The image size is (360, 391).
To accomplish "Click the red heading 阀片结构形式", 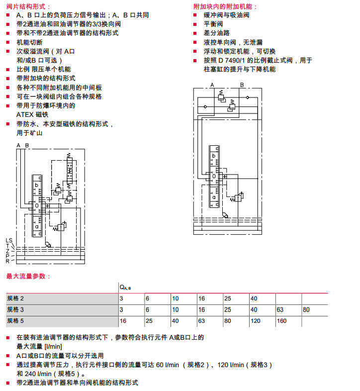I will pos(28,6).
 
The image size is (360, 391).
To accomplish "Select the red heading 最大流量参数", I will pos(28,276).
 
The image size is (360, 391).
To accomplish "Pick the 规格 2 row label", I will pos(15,298).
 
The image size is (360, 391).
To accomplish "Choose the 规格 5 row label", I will pos(15,320).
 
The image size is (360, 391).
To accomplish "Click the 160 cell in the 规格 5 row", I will pos(281,320).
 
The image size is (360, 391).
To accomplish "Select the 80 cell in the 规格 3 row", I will pos(306,309).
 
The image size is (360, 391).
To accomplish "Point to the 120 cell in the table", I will pos(256,320).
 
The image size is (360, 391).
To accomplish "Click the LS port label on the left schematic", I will pos(9,241).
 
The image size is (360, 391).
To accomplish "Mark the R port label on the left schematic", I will pos(7,261).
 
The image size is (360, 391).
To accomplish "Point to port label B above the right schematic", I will pos(242,85).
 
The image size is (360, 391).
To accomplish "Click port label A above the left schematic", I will pos(19,145).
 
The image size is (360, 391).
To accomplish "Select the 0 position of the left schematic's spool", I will pos(37,205).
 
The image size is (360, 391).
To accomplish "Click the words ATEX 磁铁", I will pos(33,114).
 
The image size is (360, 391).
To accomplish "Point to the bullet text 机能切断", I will pos(30,42).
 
